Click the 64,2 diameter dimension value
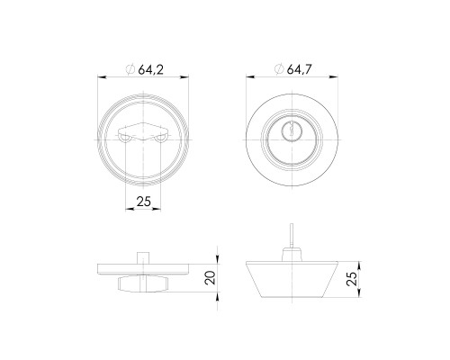[150, 70]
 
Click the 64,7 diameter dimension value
[300, 69]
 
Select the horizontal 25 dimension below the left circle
[143, 202]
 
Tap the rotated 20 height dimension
[211, 278]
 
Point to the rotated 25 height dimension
[352, 279]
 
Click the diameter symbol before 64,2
[130, 69]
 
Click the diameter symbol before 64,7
[279, 69]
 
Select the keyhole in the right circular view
[292, 131]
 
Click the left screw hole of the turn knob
[124, 139]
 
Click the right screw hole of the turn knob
[161, 139]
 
